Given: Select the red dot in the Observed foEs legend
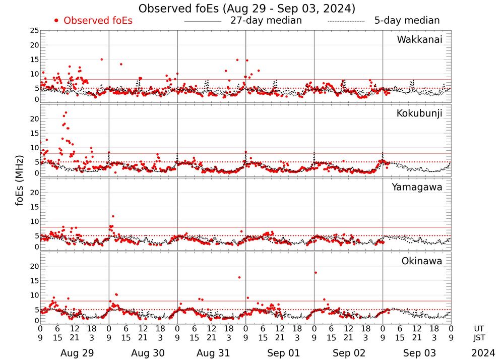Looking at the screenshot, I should click(56, 21).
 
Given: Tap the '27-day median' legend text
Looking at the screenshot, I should click(266, 21).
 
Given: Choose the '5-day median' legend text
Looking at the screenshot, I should click(407, 21).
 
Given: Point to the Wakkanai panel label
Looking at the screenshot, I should click(419, 39).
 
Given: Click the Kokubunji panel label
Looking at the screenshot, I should click(419, 113).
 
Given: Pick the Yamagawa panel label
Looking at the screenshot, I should click(417, 187).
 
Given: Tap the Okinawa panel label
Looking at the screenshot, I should click(421, 261).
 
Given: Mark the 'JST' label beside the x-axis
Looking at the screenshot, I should click(480, 337).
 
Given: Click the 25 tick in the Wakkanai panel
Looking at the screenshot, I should click(34, 31).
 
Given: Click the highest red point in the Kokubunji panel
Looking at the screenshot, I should click(66, 112).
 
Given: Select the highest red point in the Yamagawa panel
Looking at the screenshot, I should click(113, 216).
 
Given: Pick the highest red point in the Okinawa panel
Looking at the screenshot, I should click(316, 273).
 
